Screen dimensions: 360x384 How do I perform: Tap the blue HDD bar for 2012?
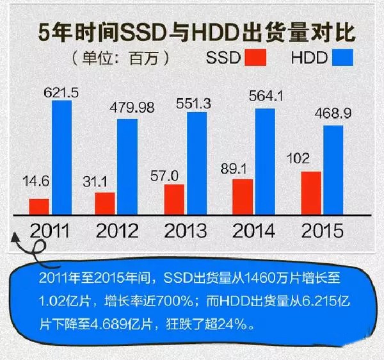[x=129, y=169]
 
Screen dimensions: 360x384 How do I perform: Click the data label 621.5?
[x=61, y=94]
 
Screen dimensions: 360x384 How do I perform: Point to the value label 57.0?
[x=174, y=176]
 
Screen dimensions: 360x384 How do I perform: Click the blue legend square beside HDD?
[x=344, y=58]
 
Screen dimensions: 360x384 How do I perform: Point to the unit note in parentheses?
[x=122, y=58]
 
